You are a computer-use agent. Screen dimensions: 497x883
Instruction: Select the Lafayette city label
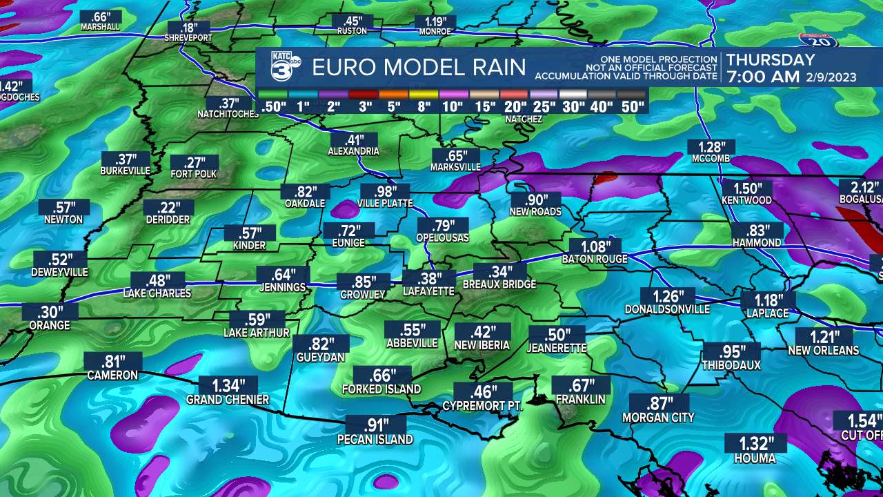pos(428,292)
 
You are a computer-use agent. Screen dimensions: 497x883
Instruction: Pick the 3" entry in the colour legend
pos(366,106)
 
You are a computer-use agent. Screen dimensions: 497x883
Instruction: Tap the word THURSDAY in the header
pos(771,60)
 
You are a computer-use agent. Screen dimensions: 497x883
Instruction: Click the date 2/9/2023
pos(831,77)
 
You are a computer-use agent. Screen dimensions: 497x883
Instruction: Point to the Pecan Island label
pos(375,440)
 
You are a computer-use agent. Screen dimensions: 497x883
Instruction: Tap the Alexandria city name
pos(353,151)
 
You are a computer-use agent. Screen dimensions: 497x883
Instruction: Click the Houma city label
pos(754,458)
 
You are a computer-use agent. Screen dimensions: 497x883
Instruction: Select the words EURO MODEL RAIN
pos(419,68)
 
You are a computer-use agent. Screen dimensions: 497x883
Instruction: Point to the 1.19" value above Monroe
pos(435,21)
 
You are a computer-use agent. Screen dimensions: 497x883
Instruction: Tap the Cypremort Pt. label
pos(482,407)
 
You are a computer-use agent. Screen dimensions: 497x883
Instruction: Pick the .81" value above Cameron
pos(112,361)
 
